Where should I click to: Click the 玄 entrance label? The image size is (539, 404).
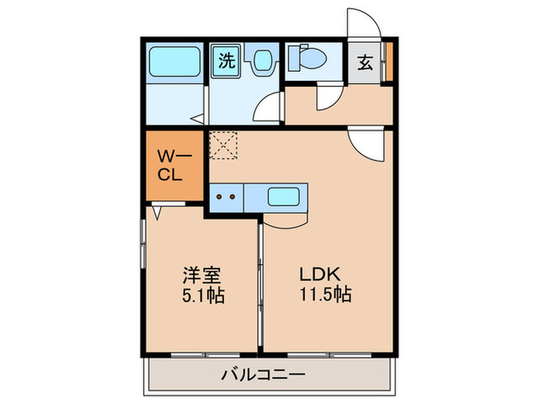tap(365, 62)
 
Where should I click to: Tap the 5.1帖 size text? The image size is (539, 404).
tap(203, 295)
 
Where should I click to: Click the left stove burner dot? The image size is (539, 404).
tap(218, 197)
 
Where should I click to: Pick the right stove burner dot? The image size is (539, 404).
tap(232, 197)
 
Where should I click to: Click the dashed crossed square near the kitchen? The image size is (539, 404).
tap(224, 145)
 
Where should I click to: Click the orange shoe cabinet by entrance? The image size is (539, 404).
tap(390, 62)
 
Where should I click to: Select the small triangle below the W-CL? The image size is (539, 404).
tap(157, 210)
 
